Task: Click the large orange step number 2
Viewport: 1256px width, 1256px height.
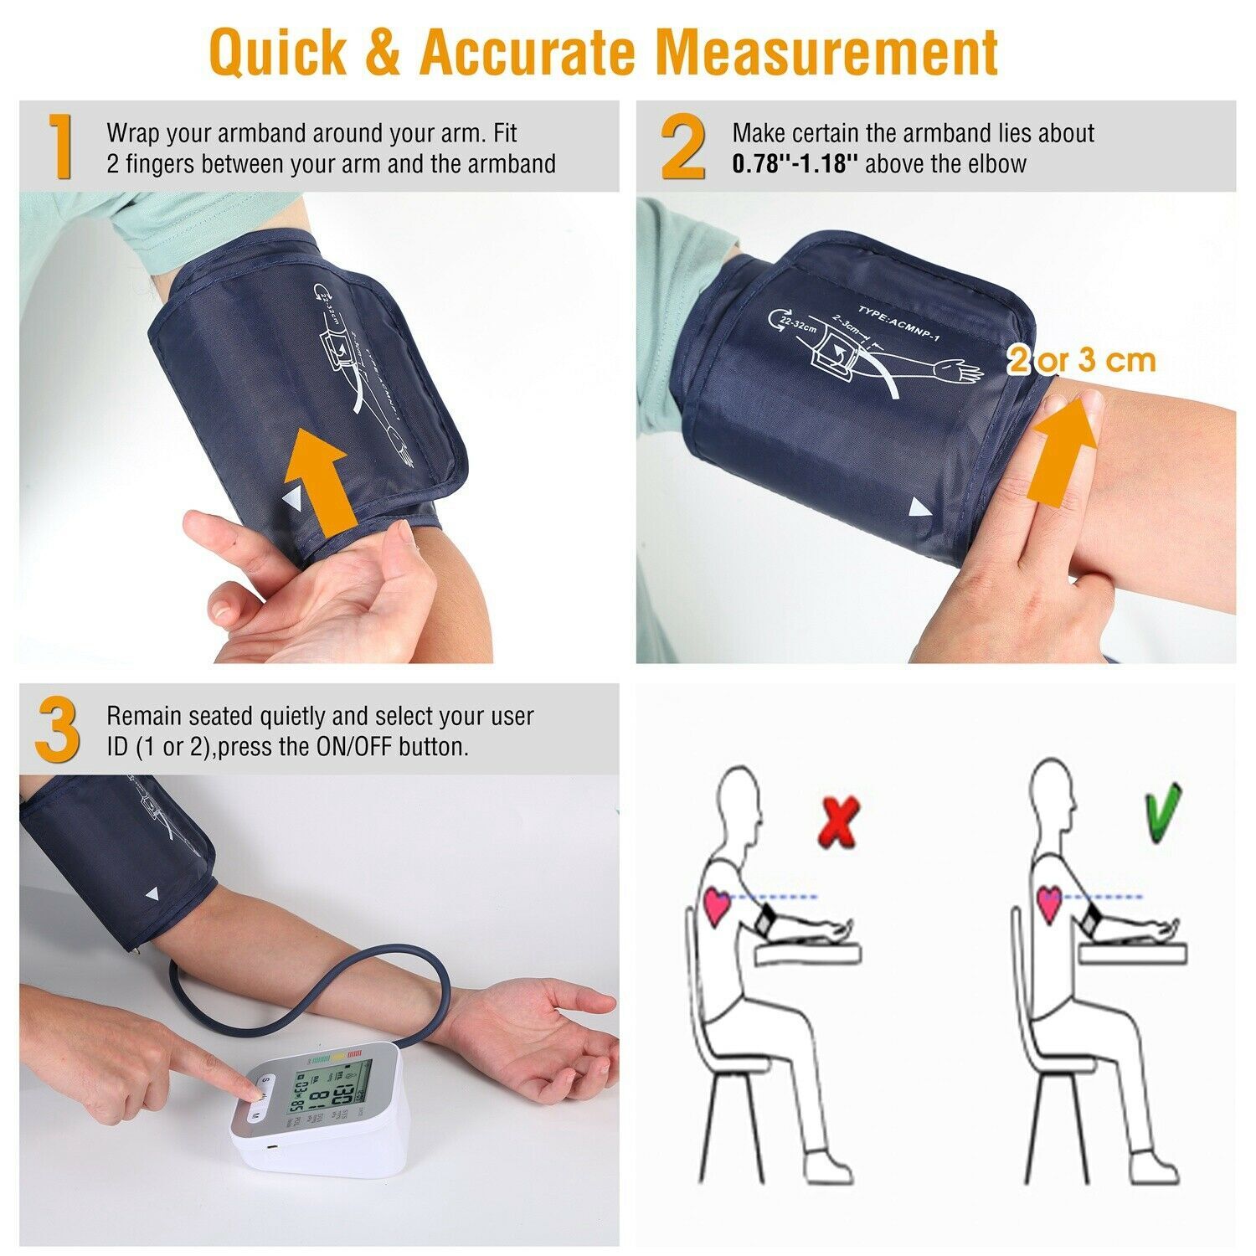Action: pyautogui.click(x=682, y=147)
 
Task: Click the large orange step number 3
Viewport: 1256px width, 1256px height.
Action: pyautogui.click(x=58, y=730)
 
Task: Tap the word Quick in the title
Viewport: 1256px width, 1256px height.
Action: pyautogui.click(x=277, y=52)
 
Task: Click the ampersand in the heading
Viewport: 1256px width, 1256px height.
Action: pyautogui.click(x=386, y=52)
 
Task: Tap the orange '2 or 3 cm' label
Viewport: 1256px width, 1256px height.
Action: pyautogui.click(x=1081, y=360)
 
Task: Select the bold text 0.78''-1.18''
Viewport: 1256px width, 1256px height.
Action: pyautogui.click(x=795, y=163)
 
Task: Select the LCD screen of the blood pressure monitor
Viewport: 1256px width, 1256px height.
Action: pyautogui.click(x=328, y=1094)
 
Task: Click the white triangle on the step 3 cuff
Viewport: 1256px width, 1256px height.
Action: pyautogui.click(x=152, y=894)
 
